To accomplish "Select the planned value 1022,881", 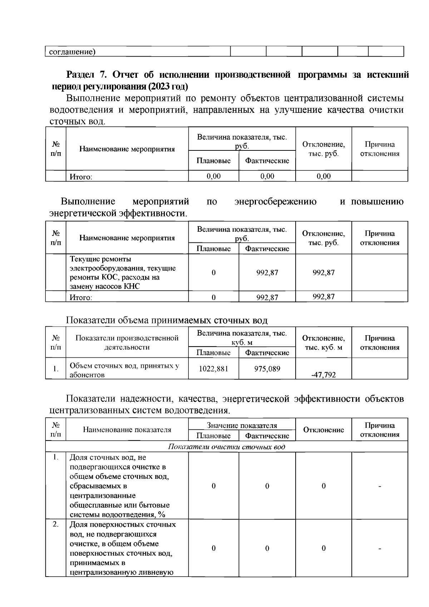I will click(x=213, y=368).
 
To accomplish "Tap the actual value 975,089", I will click(x=267, y=368).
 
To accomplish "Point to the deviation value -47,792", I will click(x=324, y=375).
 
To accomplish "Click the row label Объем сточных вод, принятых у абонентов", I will click(x=124, y=370).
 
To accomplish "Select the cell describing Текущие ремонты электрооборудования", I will click(x=123, y=272).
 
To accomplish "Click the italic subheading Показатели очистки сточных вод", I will click(x=227, y=447).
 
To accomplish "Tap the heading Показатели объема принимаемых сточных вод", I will click(x=167, y=320).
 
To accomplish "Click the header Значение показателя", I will click(x=242, y=425).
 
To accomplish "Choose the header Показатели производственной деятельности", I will click(x=127, y=342).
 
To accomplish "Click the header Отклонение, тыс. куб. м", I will click(x=324, y=342).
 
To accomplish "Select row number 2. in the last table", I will click(x=55, y=524).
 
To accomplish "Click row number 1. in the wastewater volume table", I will click(x=56, y=368).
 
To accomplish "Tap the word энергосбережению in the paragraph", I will click(x=275, y=202).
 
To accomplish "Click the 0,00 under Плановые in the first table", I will click(x=213, y=176).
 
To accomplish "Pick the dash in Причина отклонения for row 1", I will click(x=380, y=486).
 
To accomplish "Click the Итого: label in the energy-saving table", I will click(x=81, y=297).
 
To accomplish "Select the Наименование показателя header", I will click(x=127, y=430).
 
